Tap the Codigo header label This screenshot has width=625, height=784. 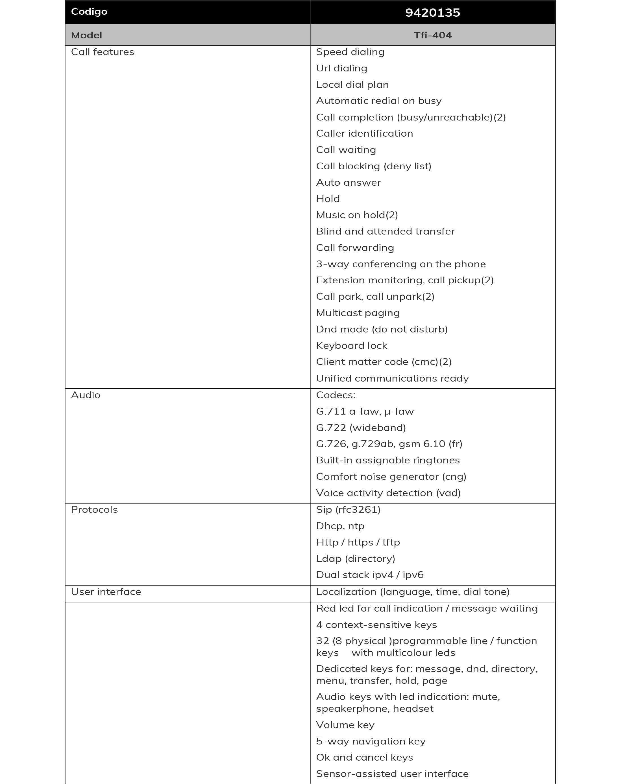point(89,12)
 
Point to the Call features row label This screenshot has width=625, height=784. point(103,52)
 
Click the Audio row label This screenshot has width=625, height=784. point(86,395)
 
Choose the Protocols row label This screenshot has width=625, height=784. point(94,509)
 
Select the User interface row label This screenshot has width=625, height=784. point(106,592)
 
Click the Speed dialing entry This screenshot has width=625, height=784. point(350,52)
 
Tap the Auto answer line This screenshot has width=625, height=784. point(348,183)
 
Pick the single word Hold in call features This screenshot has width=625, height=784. point(328,199)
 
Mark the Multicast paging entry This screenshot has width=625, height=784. point(358,313)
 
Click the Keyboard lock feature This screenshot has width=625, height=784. point(351,345)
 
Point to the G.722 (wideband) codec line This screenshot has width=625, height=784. point(361,428)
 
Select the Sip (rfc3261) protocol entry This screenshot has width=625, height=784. point(348,509)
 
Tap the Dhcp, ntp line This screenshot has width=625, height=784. point(340,526)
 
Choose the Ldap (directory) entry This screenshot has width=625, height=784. point(355,559)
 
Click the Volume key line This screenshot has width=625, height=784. point(345,725)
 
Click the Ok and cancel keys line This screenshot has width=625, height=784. point(364,757)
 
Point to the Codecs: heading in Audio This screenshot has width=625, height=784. point(336,395)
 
